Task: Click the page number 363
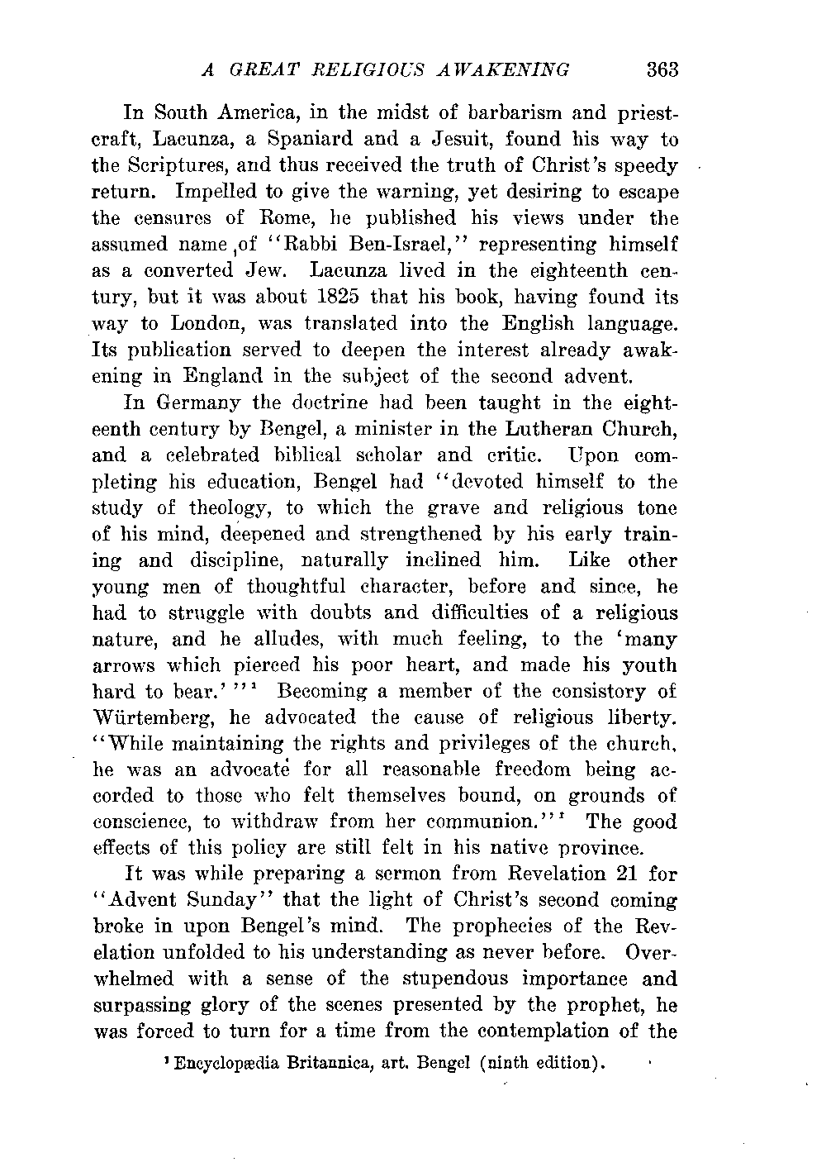coord(662,69)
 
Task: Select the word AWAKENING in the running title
coord(505,69)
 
